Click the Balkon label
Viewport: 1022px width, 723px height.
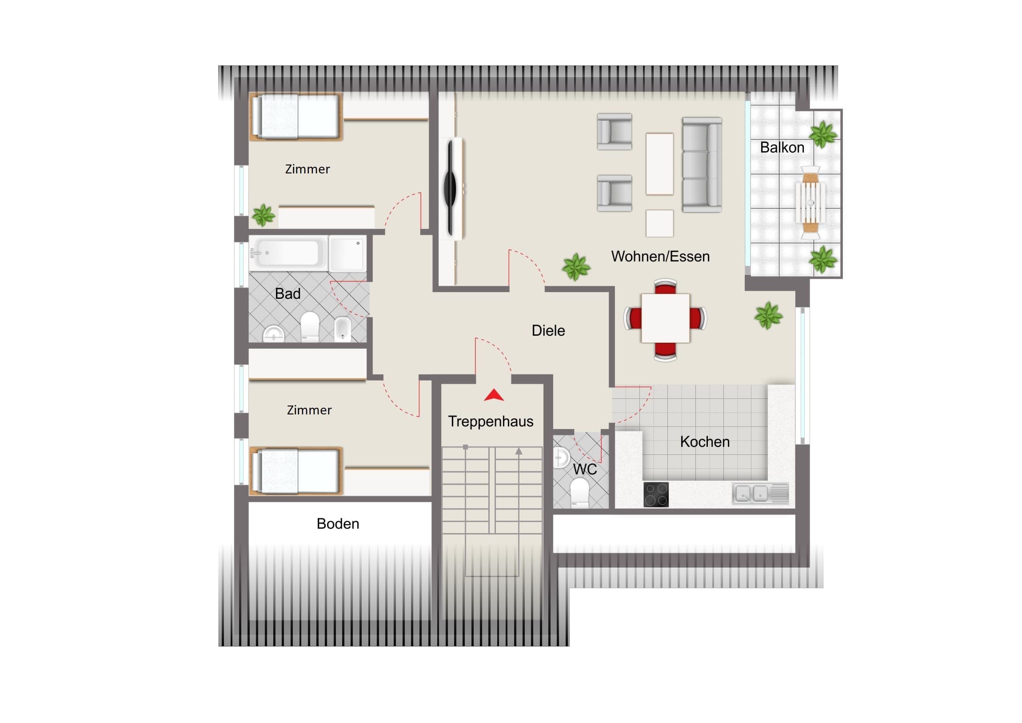[782, 148]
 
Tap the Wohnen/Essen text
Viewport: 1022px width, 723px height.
[660, 257]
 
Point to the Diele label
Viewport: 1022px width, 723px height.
[548, 330]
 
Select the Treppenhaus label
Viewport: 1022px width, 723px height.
[491, 422]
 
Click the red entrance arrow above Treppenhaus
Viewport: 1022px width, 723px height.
[494, 395]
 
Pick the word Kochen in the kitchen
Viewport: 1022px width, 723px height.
[705, 442]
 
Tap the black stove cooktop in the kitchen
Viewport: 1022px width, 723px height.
[656, 494]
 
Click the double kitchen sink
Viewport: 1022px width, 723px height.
[760, 494]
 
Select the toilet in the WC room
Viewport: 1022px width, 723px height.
[579, 493]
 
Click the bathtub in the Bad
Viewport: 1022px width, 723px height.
[288, 253]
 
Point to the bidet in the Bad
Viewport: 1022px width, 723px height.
[342, 329]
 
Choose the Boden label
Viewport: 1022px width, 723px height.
[338, 524]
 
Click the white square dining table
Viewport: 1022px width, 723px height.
[666, 318]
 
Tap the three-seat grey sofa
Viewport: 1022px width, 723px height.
[702, 165]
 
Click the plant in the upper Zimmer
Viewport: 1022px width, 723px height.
[263, 215]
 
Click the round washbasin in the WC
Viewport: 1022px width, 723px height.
[561, 458]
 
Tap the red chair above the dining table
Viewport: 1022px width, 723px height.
[666, 287]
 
